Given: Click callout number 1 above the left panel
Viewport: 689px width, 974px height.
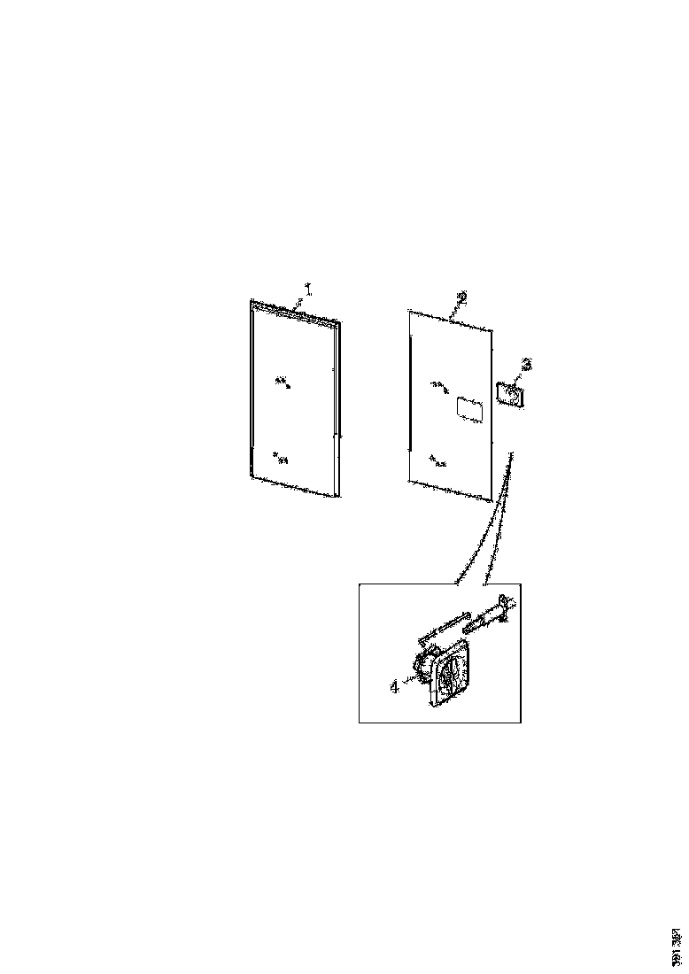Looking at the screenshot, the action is pyautogui.click(x=308, y=289).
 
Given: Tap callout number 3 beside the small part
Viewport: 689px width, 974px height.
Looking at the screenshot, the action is pyautogui.click(x=526, y=363).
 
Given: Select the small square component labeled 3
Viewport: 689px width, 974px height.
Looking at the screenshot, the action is pyautogui.click(x=509, y=392).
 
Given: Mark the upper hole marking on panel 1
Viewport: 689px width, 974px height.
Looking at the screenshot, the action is pyautogui.click(x=283, y=382).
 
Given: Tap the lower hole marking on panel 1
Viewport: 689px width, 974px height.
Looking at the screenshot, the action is pyautogui.click(x=281, y=457).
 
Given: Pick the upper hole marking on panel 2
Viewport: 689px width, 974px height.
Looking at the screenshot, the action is pyautogui.click(x=438, y=384).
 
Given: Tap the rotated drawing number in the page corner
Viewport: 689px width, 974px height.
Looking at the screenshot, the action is pyautogui.click(x=677, y=947).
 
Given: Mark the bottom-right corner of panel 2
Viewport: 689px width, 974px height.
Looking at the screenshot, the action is pyautogui.click(x=490, y=501).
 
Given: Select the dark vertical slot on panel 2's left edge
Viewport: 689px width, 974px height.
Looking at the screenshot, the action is pyautogui.click(x=411, y=394).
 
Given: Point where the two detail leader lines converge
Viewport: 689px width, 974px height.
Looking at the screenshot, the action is pyautogui.click(x=510, y=454).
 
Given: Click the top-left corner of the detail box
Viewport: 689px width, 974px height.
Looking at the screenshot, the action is pyautogui.click(x=360, y=584).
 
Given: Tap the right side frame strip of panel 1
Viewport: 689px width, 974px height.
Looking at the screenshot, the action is pyautogui.click(x=337, y=407).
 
